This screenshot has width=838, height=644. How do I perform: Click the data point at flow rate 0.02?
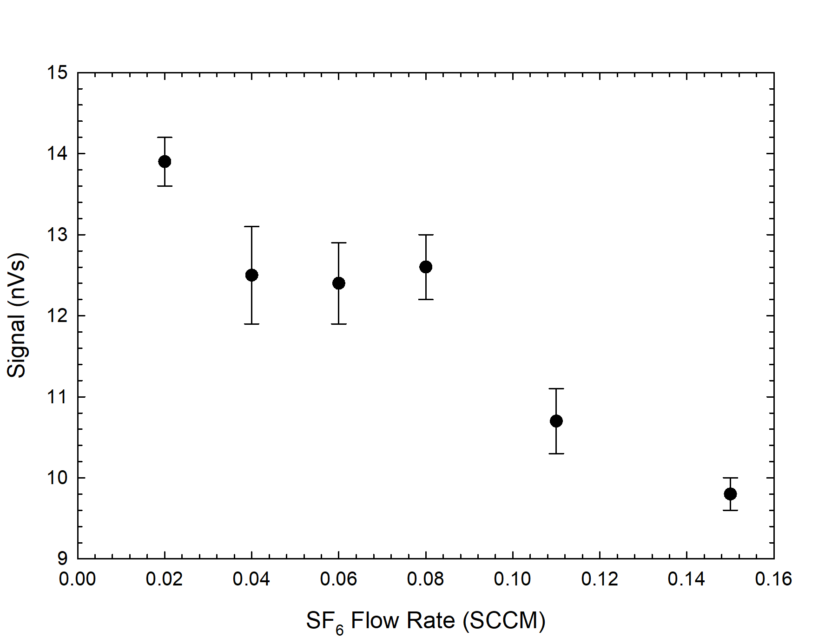(165, 162)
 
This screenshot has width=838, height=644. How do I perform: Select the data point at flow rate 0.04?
(251, 275)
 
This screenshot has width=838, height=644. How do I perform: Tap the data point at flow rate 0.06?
(339, 283)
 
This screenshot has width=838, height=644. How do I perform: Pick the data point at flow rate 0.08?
(426, 267)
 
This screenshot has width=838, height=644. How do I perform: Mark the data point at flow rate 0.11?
(556, 421)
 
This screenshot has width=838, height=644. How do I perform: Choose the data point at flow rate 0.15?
(730, 494)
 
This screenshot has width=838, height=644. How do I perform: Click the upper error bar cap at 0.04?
(251, 227)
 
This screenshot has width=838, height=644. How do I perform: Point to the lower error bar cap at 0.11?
(556, 453)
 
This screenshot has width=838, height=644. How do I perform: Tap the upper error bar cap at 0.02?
(165, 138)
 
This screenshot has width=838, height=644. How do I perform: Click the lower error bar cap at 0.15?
(730, 510)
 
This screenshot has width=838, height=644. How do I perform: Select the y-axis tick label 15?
(57, 73)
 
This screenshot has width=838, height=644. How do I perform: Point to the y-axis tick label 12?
(57, 316)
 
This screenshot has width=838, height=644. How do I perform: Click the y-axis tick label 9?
(63, 558)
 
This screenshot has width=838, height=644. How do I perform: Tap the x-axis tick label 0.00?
(77, 579)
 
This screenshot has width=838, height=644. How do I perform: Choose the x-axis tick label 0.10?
(512, 579)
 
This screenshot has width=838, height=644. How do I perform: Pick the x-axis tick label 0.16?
(773, 579)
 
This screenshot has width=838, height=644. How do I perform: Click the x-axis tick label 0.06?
(338, 579)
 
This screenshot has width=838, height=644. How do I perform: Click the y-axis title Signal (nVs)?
(17, 315)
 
